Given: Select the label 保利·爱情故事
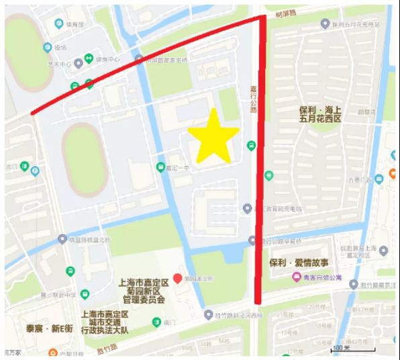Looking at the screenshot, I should point(299,263).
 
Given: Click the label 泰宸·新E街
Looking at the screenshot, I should point(49,328).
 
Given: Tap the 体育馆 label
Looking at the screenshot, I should point(74,24).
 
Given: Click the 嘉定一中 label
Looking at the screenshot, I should point(175,167).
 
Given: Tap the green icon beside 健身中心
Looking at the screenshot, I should point(89,59).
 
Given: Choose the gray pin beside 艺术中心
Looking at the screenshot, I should point(79,63).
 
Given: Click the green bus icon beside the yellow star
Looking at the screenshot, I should point(251,145).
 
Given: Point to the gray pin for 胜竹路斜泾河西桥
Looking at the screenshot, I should point(209,314).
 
